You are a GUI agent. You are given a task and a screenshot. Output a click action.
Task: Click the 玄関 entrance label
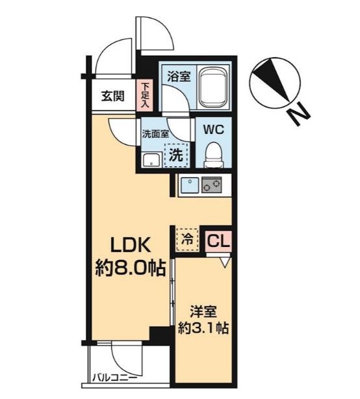[x=112, y=97]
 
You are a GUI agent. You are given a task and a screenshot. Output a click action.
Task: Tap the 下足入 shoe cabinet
[x=145, y=94]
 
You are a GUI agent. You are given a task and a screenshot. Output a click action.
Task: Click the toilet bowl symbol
[x=212, y=153]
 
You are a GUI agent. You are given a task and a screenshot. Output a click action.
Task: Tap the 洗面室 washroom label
[x=155, y=136]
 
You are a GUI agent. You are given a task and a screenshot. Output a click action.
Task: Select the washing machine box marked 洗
[x=175, y=155]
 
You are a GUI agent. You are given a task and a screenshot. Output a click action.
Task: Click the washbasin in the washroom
[x=151, y=160]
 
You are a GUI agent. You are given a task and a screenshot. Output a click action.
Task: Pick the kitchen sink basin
[x=189, y=186]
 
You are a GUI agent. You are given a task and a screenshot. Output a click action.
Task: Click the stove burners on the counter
[x=212, y=186]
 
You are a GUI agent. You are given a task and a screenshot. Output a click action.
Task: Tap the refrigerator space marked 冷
[x=186, y=239]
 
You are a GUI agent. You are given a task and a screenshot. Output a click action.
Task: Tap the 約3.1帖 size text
[x=203, y=328]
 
